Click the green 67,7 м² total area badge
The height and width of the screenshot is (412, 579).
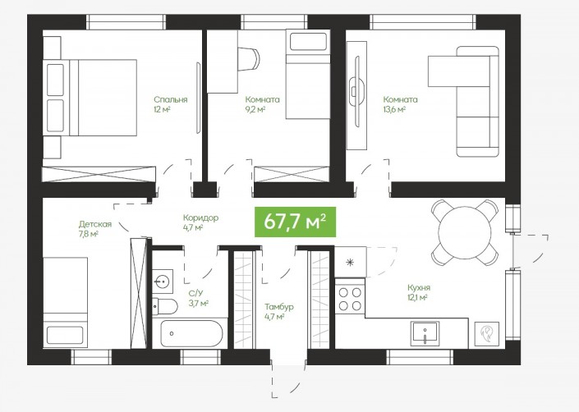pyautogui.click(x=295, y=222)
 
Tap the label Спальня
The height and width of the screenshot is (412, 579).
pyautogui.click(x=171, y=99)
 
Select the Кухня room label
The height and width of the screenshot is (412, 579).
pyautogui.click(x=419, y=288)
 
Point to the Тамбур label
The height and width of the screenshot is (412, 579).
pyautogui.click(x=279, y=307)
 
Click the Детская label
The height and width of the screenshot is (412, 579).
pyautogui.click(x=95, y=224)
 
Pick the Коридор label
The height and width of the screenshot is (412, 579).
pyautogui.click(x=201, y=218)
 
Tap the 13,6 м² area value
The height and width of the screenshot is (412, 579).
pyautogui.click(x=395, y=109)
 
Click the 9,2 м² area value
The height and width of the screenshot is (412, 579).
pyautogui.click(x=255, y=109)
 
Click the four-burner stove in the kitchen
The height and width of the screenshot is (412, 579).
pyautogui.click(x=350, y=299)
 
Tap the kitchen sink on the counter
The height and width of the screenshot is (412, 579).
pyautogui.click(x=425, y=333)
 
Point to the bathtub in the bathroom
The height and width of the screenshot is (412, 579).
pyautogui.click(x=192, y=333)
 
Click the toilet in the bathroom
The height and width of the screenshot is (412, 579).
pyautogui.click(x=165, y=306)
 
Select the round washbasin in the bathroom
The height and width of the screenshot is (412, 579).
pyautogui.click(x=162, y=282)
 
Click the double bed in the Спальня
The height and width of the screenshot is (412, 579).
pyautogui.click(x=90, y=98)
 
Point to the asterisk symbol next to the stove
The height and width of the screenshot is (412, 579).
pyautogui.click(x=349, y=263)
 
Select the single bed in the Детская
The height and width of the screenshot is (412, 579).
pyautogui.click(x=66, y=303)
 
